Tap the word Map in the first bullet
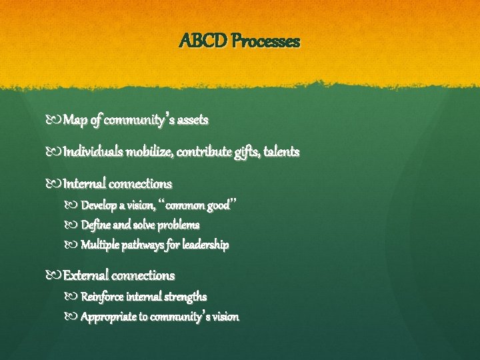pyautogui.click(x=75, y=121)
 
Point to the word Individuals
pyautogui.click(x=92, y=153)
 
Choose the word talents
pyautogui.click(x=283, y=153)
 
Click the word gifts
pyautogui.click(x=246, y=153)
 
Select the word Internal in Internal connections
pyautogui.click(x=85, y=183)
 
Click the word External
pyautogui.click(x=85, y=275)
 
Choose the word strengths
pyautogui.click(x=185, y=296)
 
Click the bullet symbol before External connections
pyautogui.click(x=56, y=275)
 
